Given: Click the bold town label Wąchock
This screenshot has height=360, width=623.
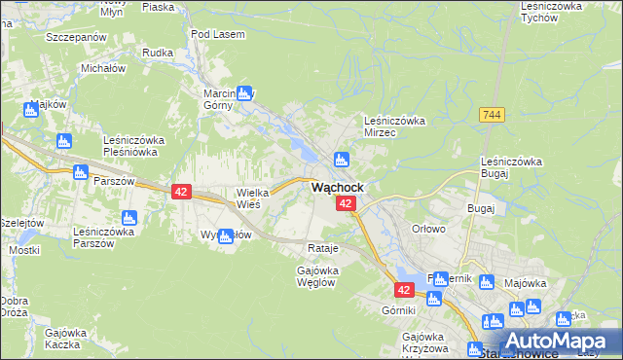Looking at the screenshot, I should [338, 187].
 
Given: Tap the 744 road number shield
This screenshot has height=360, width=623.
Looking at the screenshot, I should [492, 115].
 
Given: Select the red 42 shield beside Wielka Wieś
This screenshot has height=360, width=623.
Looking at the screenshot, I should [181, 192].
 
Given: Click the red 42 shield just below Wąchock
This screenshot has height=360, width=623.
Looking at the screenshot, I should [346, 203].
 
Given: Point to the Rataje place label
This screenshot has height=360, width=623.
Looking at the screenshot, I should [322, 248].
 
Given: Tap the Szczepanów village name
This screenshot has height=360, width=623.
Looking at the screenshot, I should [75, 36].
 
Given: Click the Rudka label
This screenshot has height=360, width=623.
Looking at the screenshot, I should [157, 53].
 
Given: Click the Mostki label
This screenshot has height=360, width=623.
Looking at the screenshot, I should [24, 250].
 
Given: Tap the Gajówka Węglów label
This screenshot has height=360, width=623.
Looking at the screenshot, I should [316, 275].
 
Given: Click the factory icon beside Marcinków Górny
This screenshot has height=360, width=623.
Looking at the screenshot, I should [244, 93].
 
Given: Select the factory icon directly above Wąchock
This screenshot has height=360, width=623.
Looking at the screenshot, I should [341, 160].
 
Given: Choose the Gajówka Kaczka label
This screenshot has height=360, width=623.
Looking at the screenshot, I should [60, 338].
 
